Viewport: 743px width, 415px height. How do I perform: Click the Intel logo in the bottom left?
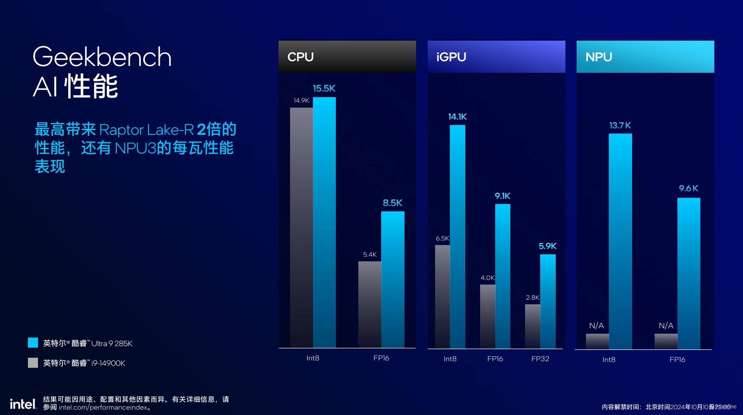pos(23,404)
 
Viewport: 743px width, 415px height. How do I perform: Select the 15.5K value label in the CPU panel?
pos(324,88)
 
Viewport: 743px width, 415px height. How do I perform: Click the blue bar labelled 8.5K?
pos(392,279)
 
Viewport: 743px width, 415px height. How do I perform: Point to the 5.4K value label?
pos(370,254)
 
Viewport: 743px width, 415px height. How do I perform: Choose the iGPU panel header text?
pos(451,57)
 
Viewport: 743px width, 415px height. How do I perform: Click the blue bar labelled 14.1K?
pos(458,236)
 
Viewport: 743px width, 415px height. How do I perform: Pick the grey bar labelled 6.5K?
pos(442,296)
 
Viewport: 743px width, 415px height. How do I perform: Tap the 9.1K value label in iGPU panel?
pos(502,196)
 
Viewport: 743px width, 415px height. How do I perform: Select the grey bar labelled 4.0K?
pos(487,316)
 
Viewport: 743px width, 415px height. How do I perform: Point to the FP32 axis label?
pos(540,359)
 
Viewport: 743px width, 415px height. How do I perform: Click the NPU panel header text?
pos(599,57)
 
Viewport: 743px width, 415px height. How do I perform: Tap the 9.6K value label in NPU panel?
pos(688,189)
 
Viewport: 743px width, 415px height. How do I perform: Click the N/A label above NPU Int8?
pos(596,326)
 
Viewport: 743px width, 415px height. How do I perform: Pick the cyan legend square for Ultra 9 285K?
pos(33,343)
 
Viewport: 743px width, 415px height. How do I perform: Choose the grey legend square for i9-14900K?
pos(33,363)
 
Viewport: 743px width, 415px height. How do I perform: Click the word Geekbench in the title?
pos(102,57)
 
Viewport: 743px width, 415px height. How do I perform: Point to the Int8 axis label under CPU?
pos(313,358)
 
